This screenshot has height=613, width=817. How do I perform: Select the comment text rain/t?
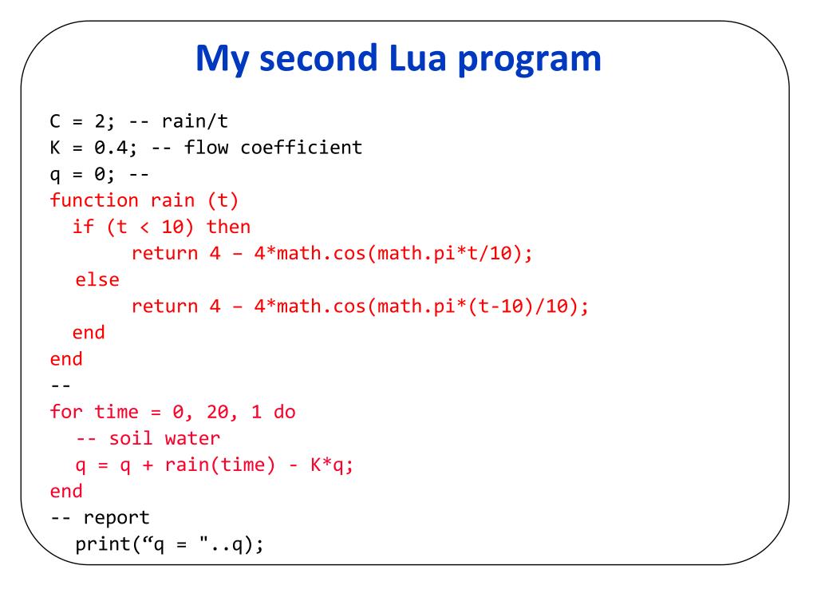[x=195, y=121]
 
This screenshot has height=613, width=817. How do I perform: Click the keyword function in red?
[x=94, y=200]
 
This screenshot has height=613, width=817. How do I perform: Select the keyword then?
[x=229, y=227]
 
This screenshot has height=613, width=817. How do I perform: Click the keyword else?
[x=97, y=280]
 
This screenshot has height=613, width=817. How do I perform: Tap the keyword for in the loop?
[x=66, y=412]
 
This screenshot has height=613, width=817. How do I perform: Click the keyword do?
[x=284, y=412]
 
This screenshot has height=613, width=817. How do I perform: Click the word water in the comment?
[x=192, y=438]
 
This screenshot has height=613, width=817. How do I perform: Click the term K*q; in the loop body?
[x=332, y=465]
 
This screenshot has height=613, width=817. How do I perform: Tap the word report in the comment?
[x=116, y=517]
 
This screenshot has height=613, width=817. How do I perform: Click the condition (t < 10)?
[x=150, y=227]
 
